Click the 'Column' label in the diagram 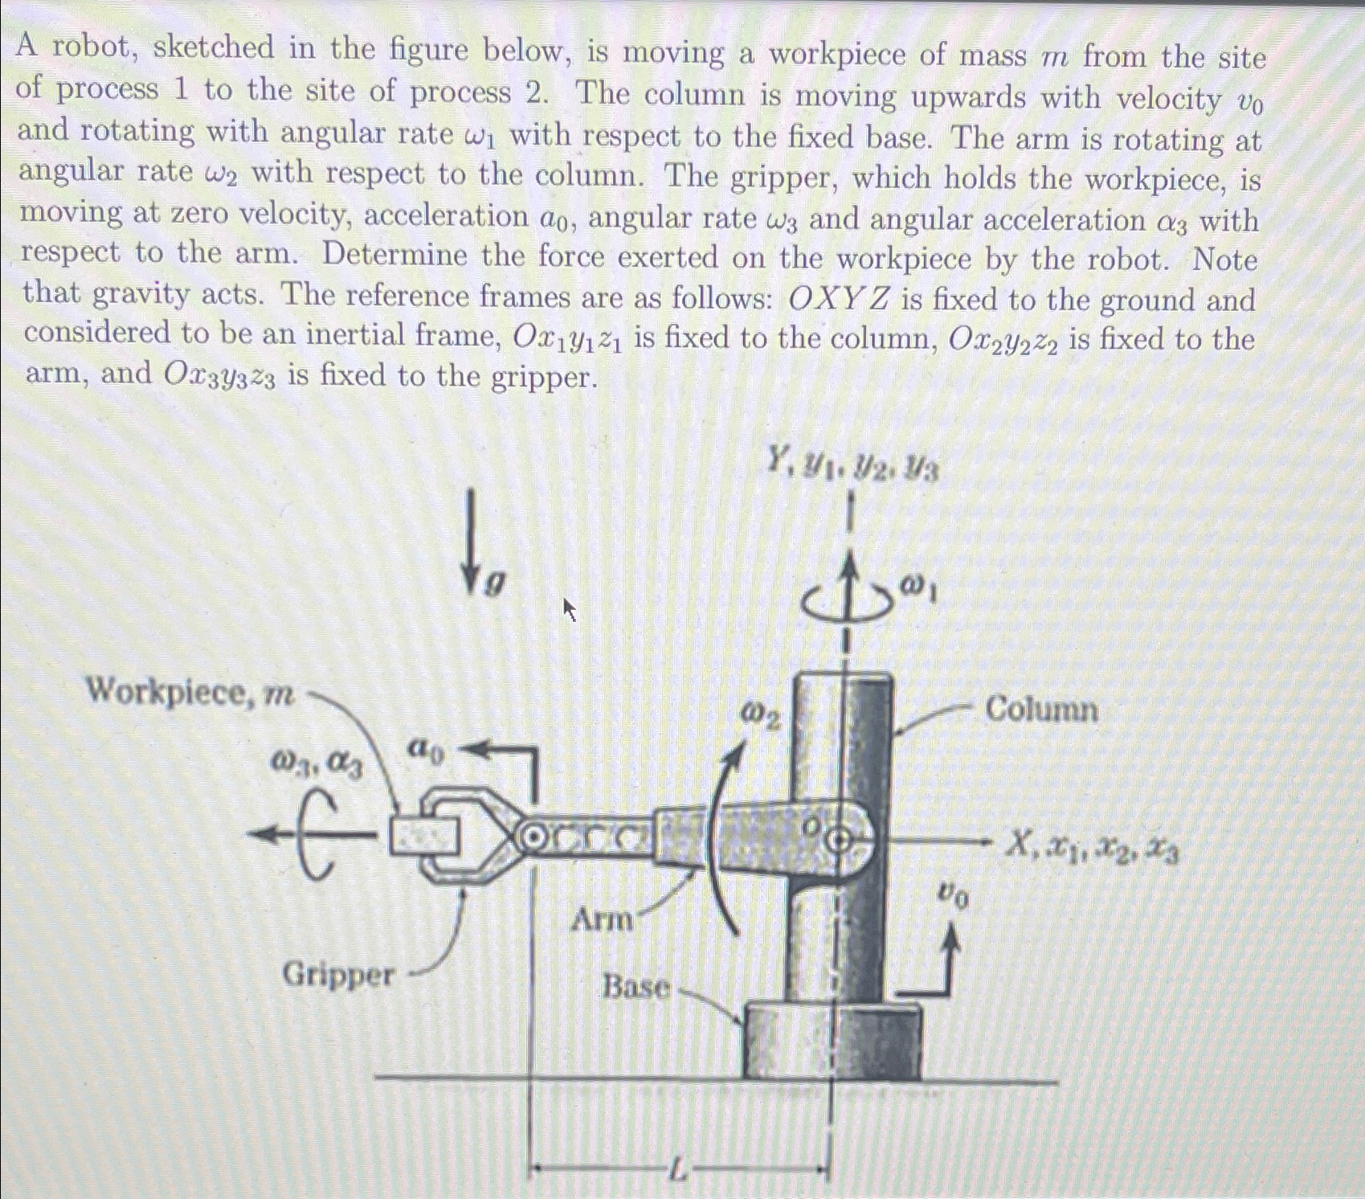(x=1040, y=710)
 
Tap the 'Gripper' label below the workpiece (x=338, y=976)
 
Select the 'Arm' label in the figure (x=601, y=919)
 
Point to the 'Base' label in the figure (x=636, y=987)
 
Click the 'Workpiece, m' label (x=190, y=692)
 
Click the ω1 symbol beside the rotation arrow (x=917, y=590)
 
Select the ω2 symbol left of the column (x=760, y=714)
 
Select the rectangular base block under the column (x=832, y=1041)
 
